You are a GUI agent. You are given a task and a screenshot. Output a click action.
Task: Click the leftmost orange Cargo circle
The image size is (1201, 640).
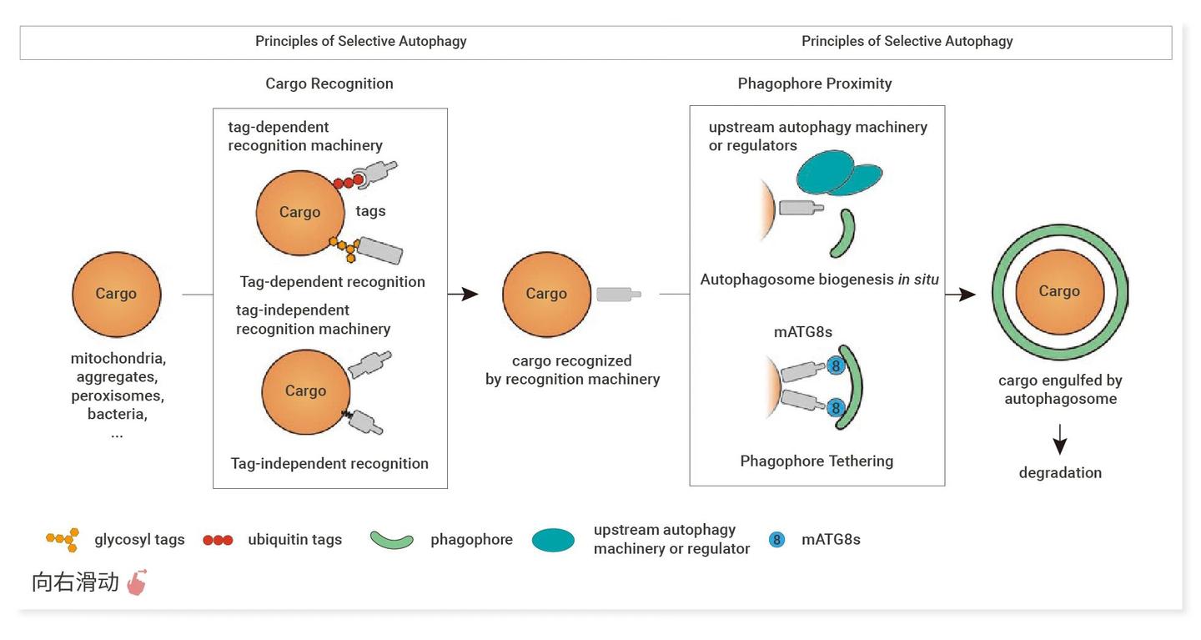116,295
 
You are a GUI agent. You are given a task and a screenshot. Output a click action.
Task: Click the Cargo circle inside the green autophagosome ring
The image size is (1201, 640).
1059,291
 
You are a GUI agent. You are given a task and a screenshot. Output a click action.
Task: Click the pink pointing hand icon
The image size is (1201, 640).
137,582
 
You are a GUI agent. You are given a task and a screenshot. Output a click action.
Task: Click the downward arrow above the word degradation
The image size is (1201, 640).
1060,439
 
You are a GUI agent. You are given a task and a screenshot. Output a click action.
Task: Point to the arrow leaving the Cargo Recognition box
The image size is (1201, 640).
464,294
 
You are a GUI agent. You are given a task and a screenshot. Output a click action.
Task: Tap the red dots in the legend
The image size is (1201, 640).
218,540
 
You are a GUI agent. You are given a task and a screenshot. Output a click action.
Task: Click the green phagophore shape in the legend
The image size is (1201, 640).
392,540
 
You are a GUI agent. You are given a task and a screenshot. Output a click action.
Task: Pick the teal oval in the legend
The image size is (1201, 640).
553,540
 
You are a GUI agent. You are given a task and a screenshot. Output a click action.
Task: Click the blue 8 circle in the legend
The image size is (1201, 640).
777,539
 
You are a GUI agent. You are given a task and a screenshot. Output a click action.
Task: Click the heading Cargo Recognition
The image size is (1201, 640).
329,83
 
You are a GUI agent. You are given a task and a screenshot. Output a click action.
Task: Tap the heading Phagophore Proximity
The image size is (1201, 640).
815,83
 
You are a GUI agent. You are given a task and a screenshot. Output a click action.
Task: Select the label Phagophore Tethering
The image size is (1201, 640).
817,461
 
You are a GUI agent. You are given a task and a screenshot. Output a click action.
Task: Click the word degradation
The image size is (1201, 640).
1060,472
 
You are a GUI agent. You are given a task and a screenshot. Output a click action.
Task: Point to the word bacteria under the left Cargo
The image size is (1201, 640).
117,414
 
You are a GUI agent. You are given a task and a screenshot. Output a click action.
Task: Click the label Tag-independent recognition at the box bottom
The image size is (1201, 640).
329,463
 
